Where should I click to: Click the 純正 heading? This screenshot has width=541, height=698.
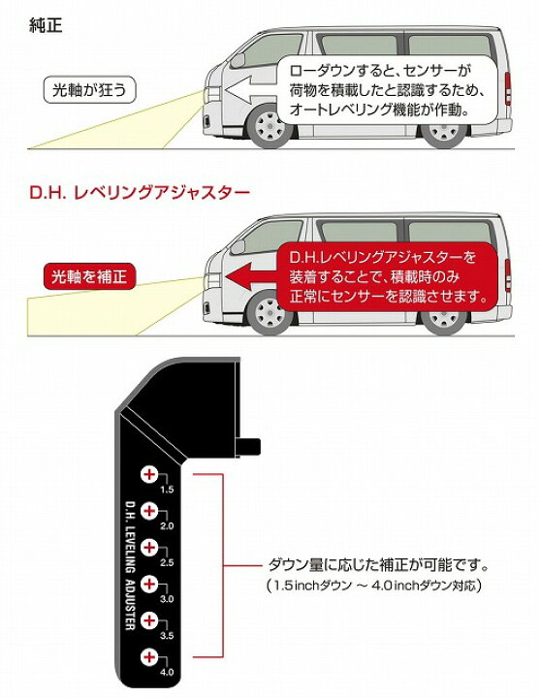coord(46,25)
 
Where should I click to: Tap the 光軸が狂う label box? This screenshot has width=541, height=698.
coord(89,90)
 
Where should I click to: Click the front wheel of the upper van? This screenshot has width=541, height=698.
coord(269,126)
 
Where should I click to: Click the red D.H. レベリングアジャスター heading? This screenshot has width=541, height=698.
coord(140,192)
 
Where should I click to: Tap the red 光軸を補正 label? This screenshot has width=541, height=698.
coord(89,277)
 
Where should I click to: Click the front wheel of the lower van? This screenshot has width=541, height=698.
coord(269,313)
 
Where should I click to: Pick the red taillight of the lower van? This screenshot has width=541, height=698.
coord(508,275)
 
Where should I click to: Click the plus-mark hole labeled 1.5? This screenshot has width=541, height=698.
coord(149,474)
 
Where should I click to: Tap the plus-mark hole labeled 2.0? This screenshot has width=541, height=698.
coord(149,511)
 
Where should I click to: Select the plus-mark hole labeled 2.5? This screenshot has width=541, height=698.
coord(149,547)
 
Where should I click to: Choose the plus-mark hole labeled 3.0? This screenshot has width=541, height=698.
coord(149,584)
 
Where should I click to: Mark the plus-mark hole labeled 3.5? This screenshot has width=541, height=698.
coord(149,620)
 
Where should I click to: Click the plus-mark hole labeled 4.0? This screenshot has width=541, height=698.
coord(149,657)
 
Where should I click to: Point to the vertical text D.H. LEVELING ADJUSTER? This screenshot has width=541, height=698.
coord(130,566)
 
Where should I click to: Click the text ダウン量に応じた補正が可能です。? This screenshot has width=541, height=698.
coord(378,565)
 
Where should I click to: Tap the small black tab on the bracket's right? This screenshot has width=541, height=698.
coord(247,447)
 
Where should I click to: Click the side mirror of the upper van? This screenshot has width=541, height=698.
coord(239,60)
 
